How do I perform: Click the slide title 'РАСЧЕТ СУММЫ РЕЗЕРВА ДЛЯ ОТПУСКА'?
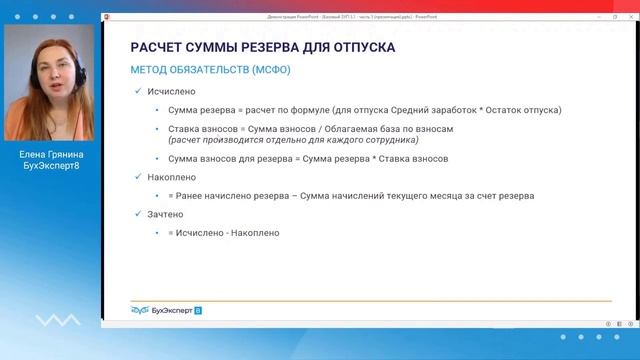(x=263, y=48)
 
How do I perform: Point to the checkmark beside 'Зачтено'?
(x=138, y=214)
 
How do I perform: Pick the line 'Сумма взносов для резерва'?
(x=308, y=159)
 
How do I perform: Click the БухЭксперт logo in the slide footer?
(x=166, y=311)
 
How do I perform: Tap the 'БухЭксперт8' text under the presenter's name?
(x=50, y=166)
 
